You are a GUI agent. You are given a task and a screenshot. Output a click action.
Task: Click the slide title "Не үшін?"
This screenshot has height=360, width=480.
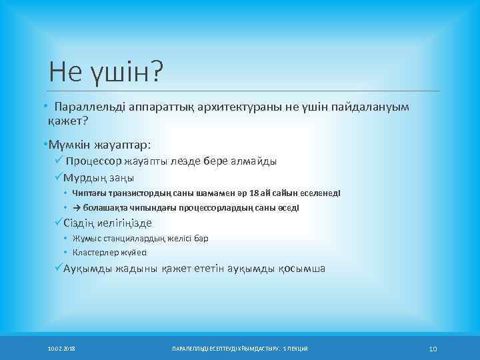106,71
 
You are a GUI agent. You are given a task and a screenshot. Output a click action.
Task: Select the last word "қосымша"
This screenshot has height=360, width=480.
299,269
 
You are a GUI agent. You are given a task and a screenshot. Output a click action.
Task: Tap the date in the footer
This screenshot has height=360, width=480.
61,349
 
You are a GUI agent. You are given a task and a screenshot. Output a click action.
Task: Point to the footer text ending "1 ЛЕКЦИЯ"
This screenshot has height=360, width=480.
241,349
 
